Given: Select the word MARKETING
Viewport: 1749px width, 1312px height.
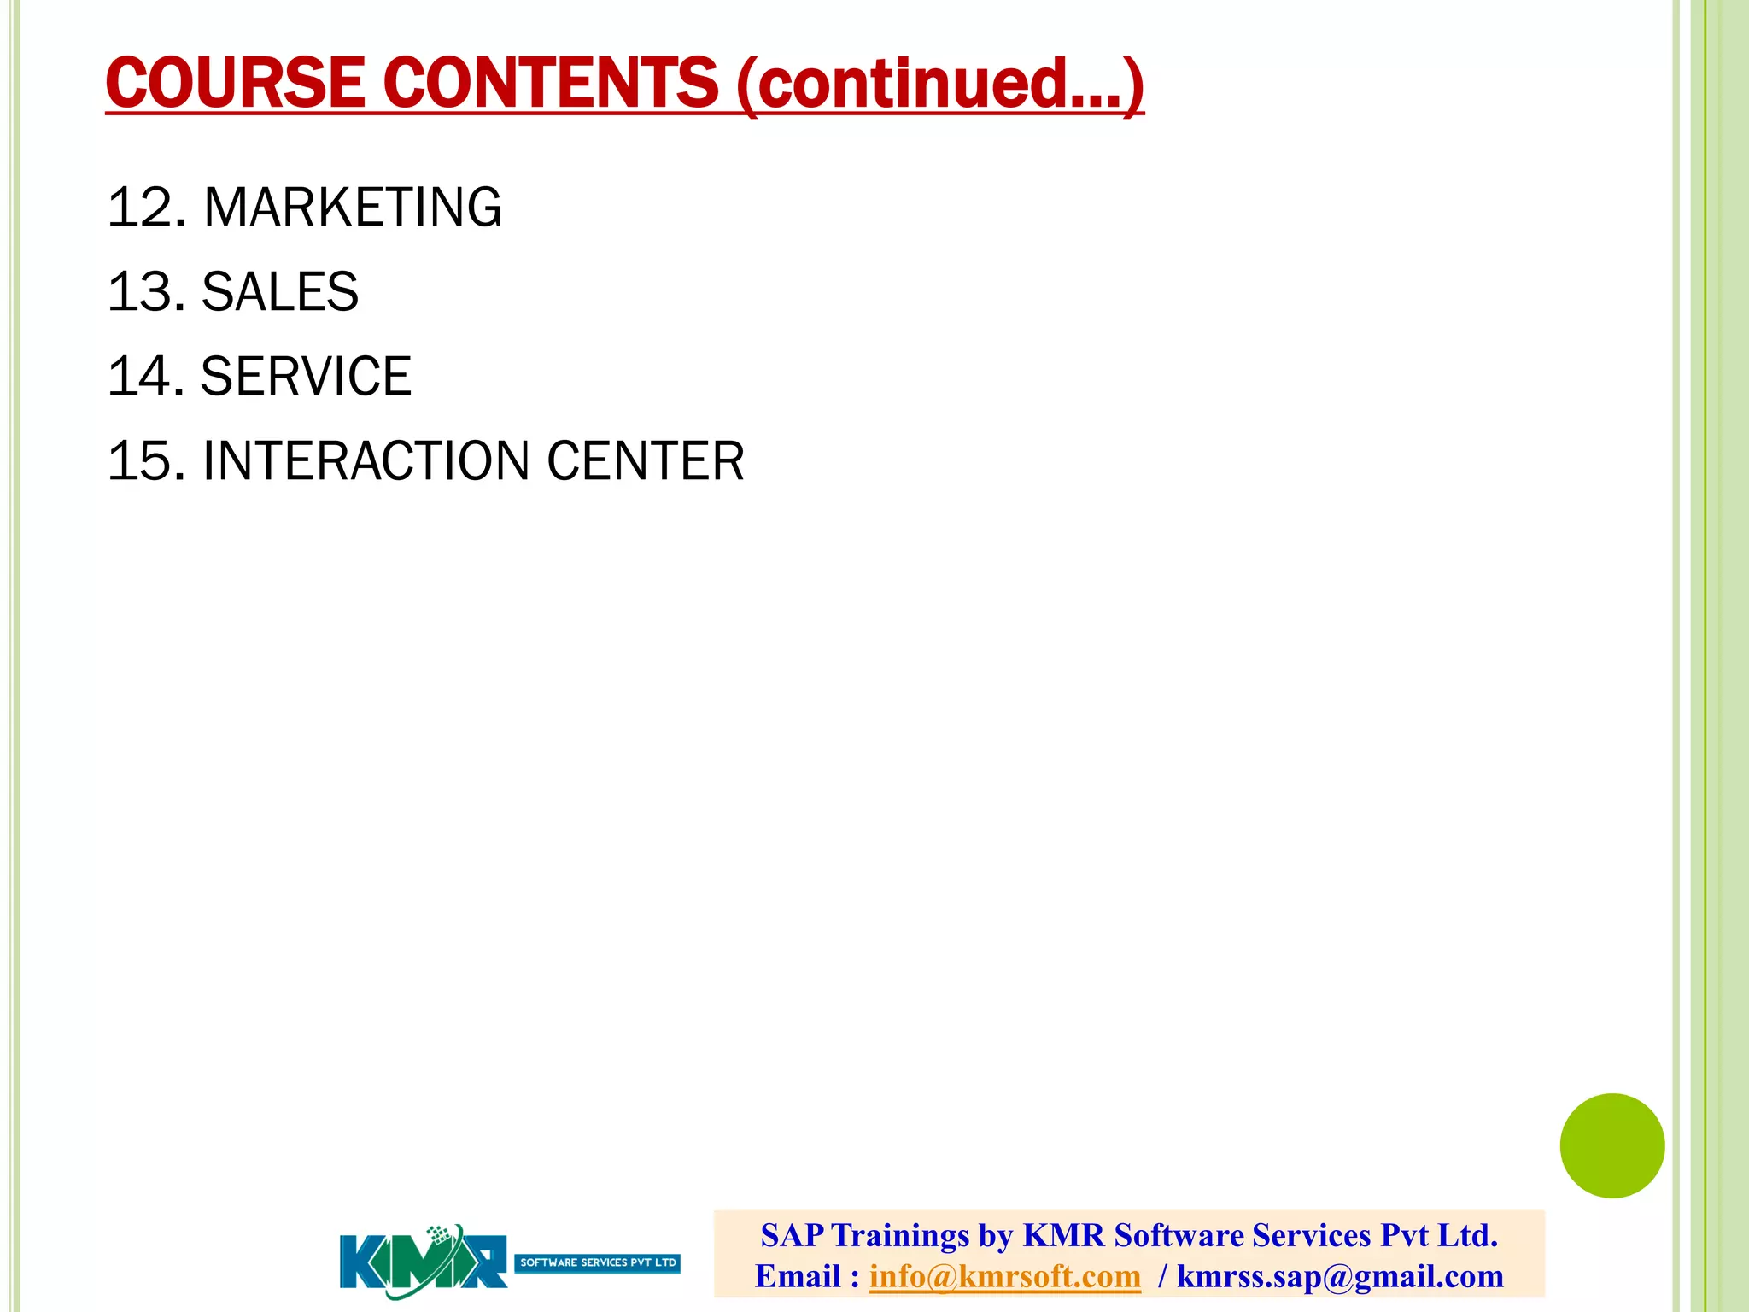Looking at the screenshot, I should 353,208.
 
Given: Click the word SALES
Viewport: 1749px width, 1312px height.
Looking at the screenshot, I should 279,292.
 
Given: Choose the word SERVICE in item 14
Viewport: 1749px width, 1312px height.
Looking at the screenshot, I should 306,377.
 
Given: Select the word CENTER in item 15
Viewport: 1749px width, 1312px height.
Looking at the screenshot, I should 646,461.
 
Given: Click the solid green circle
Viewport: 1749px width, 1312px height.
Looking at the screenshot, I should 1612,1145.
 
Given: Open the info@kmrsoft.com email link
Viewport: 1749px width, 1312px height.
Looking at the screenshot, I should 1004,1276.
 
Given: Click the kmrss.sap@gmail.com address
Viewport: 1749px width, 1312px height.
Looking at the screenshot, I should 1340,1276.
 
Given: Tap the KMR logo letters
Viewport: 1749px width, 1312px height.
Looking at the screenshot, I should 423,1261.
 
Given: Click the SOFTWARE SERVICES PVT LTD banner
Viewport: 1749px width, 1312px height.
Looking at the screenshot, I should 598,1262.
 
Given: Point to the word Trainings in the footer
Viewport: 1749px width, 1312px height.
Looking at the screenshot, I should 899,1235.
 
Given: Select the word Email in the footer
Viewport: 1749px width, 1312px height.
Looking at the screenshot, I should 798,1276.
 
